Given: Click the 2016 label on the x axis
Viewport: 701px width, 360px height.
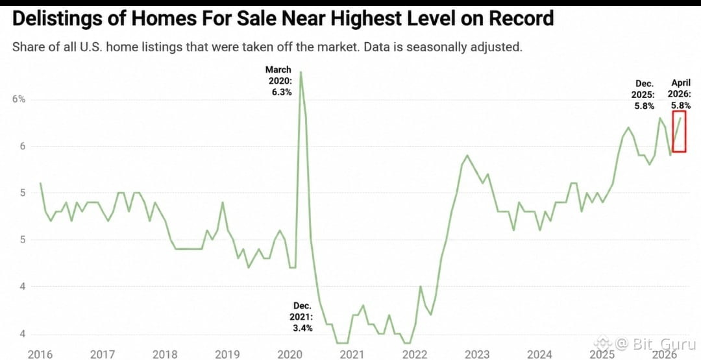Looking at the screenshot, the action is point(40,355).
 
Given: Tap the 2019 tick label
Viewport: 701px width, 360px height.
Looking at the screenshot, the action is point(228,355).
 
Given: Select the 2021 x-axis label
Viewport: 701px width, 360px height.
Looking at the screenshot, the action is point(352,355).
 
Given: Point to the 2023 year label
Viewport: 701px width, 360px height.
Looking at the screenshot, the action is point(478,355).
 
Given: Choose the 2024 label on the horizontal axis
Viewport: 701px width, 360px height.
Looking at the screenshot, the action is point(541,355).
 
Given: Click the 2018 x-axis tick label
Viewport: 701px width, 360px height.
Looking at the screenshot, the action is point(165,355).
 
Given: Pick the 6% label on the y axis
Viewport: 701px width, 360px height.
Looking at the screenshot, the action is point(18,99).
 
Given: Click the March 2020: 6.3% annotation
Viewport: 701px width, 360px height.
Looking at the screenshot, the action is point(279,81).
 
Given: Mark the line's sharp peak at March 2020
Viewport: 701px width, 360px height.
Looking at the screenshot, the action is point(301,71).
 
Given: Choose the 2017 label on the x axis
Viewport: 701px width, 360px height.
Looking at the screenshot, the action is point(103,355).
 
